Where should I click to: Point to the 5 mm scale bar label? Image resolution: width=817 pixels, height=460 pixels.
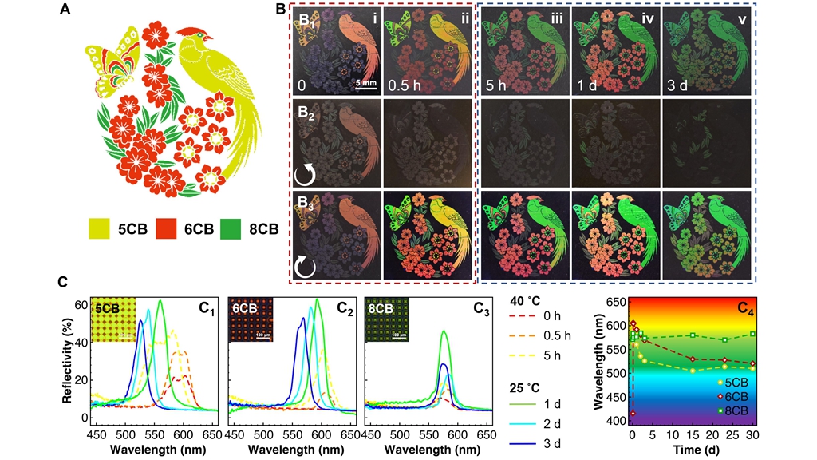366,81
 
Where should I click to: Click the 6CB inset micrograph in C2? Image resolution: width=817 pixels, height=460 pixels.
251,319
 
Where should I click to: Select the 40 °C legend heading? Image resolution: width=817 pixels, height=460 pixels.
529,302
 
